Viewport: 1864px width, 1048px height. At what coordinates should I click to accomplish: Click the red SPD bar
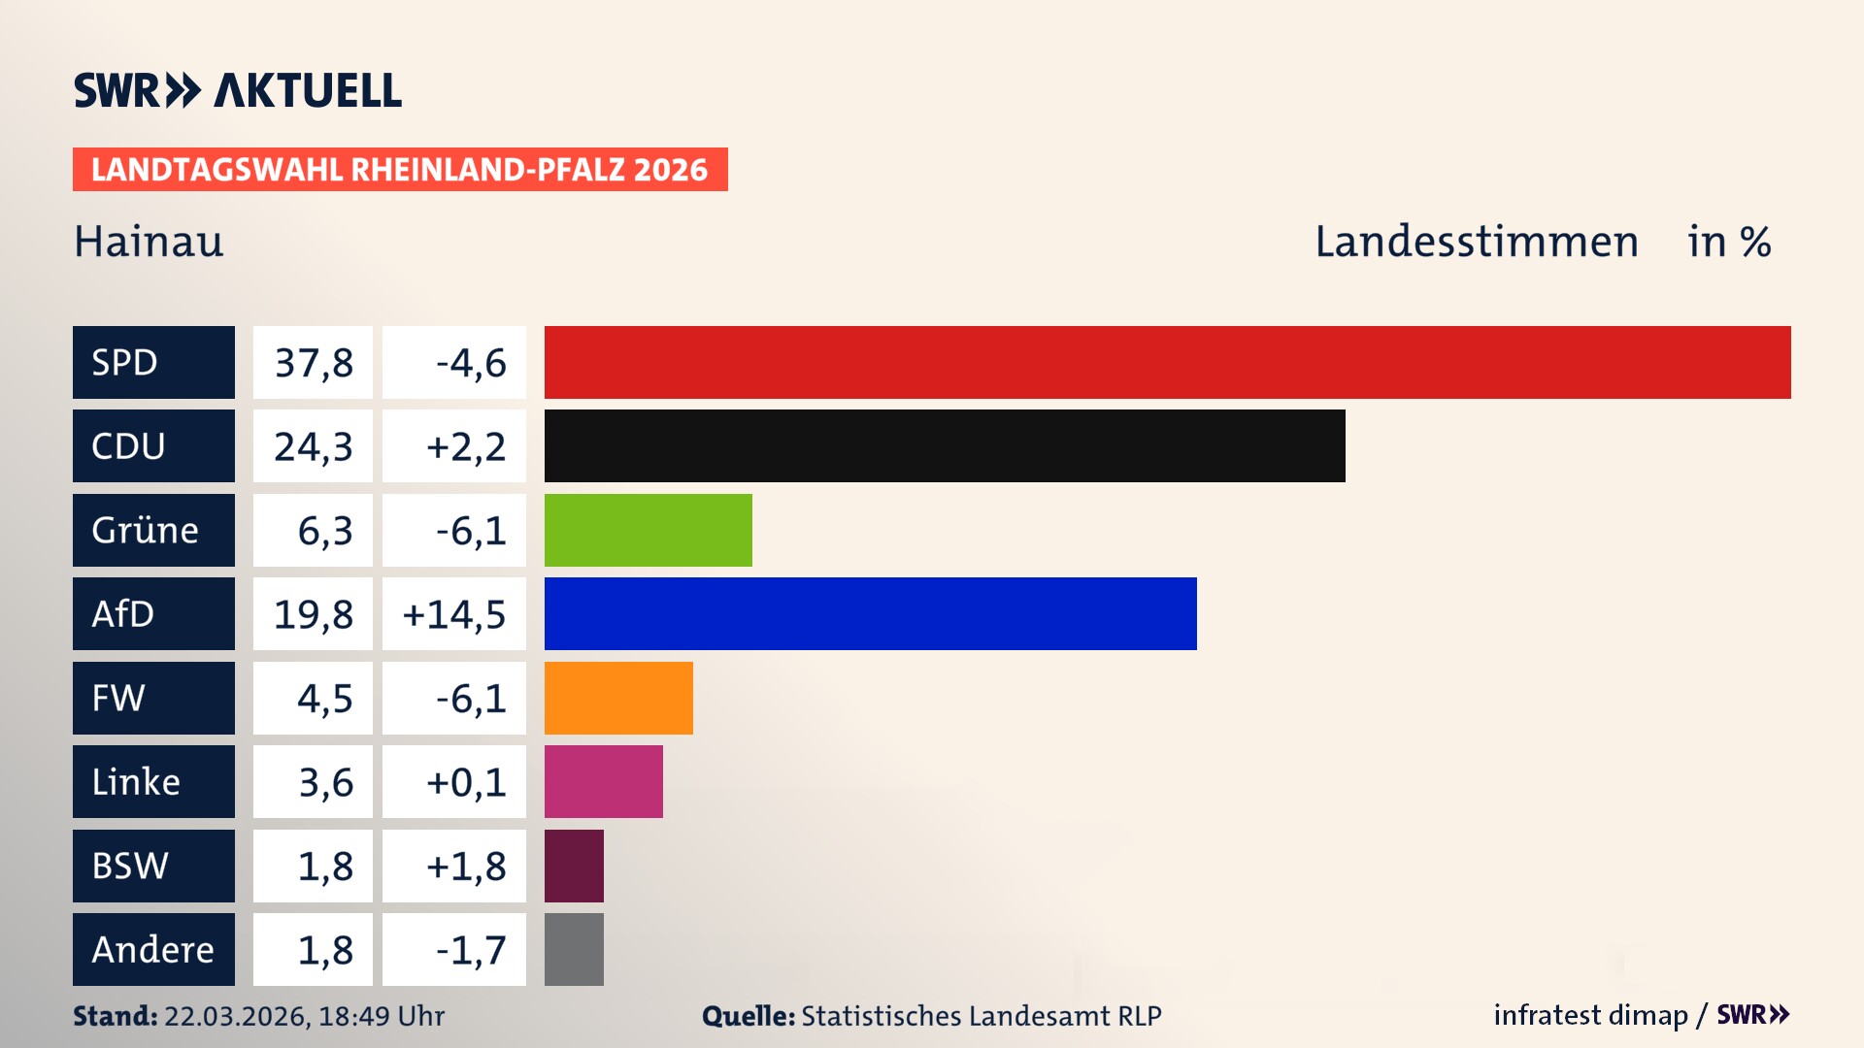1167,362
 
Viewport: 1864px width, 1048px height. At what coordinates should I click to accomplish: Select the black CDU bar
945,446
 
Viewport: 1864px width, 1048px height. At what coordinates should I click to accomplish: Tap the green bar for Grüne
648,530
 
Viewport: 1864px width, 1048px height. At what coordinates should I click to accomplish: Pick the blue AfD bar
870,614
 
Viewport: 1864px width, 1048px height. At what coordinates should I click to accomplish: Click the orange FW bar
618,698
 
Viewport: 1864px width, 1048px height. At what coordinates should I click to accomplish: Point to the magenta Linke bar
603,782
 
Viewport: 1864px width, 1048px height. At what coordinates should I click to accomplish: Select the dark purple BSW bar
574,866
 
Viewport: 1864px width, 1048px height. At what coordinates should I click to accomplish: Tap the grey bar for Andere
574,949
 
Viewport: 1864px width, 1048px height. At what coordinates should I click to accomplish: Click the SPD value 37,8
313,363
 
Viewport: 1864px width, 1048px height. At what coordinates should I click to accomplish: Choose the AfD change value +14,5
454,614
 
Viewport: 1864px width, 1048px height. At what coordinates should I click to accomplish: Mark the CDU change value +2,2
465,446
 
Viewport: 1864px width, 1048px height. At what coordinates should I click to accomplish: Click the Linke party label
136,782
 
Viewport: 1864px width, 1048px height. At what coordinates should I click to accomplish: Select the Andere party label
152,949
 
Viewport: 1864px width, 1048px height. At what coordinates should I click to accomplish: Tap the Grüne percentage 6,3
324,531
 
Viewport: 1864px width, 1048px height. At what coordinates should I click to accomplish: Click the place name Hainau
149,242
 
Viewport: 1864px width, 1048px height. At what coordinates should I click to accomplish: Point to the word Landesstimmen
1476,242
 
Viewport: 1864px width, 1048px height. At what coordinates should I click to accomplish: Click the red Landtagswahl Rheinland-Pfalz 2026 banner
400,170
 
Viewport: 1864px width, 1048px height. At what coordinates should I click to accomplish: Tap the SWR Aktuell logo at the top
238,90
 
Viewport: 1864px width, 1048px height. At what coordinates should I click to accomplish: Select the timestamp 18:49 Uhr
381,1016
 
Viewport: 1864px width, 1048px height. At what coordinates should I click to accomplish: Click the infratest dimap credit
1589,1015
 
